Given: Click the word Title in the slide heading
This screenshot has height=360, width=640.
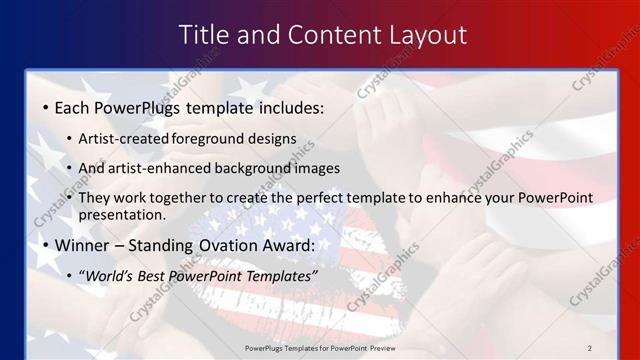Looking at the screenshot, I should coord(203,35).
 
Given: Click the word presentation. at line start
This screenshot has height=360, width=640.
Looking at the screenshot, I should coord(122,214).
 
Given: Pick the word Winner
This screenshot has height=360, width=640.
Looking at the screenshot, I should coord(83,245).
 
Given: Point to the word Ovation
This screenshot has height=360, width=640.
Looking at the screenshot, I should coord(235,245).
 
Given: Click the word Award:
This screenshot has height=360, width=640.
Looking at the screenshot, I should coord(291,245).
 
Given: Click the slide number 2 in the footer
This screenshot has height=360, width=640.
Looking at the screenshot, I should coord(590,347).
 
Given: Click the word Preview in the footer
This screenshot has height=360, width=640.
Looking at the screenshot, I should coord(378,347).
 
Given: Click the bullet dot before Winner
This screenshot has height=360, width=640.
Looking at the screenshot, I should coord(46,245).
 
